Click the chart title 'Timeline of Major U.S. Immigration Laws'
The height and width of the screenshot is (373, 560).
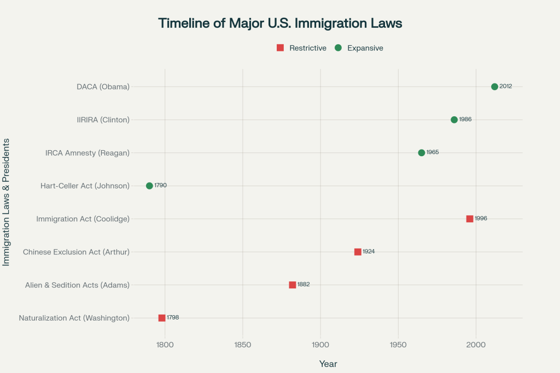coord(280,23)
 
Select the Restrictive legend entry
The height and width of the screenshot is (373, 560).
coord(301,48)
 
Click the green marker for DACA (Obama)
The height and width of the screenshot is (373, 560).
coord(494,87)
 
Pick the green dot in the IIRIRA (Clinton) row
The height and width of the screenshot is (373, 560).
coord(454,120)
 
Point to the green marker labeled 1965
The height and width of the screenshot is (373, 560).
coord(421,153)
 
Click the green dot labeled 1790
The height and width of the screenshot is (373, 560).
coord(149,186)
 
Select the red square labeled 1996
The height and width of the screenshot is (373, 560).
coord(470,219)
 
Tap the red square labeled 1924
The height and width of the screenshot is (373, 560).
coord(358,252)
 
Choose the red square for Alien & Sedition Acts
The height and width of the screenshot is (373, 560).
coord(293,285)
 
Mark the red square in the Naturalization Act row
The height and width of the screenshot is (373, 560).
coord(162,318)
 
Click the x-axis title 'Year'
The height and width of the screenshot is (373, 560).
coord(328,364)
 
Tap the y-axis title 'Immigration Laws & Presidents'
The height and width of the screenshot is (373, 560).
coord(7,202)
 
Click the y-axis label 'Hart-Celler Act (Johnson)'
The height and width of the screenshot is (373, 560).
coord(85,186)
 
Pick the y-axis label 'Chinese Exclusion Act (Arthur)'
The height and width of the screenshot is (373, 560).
coord(76,252)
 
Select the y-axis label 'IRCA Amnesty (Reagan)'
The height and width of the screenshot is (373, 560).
coord(87,153)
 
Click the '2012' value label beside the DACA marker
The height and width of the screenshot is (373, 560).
coord(506,87)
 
